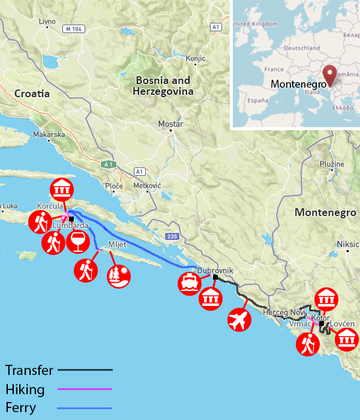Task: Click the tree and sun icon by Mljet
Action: (118, 276)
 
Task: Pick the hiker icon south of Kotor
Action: (308, 345)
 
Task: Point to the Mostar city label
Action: (170, 124)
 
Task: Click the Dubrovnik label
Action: (214, 271)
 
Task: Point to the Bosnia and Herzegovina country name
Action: (163, 86)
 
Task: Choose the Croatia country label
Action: (32, 94)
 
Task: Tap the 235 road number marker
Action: (173, 236)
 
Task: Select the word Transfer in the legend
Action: (29, 370)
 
